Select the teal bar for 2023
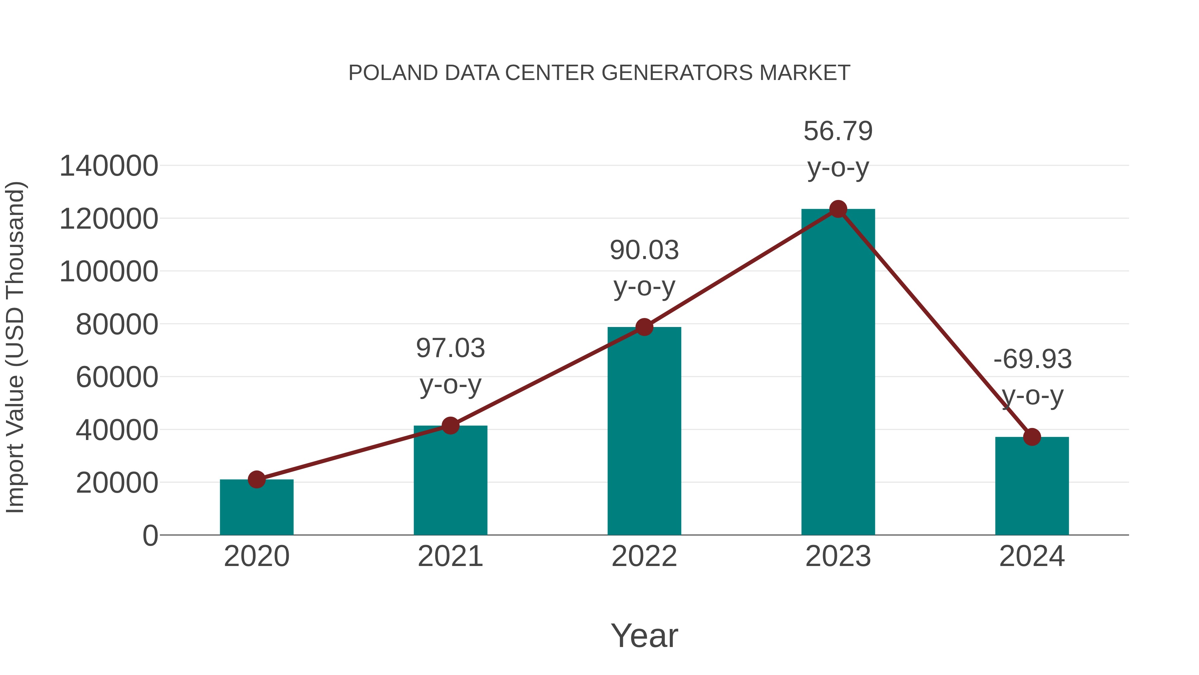coord(838,373)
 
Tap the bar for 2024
coord(1032,487)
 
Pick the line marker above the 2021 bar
coord(451,425)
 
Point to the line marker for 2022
coord(644,327)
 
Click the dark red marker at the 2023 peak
coord(838,209)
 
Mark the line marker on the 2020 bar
coord(256,479)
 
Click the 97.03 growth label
coord(451,348)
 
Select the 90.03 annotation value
coord(644,251)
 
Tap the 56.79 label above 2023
coord(838,131)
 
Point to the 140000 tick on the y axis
coord(109,166)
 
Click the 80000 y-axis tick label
coord(117,325)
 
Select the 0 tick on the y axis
coord(150,536)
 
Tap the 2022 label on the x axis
coord(644,557)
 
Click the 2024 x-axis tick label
coord(1032,557)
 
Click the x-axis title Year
coord(644,636)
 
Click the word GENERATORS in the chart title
coord(677,73)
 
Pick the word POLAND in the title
coord(393,73)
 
